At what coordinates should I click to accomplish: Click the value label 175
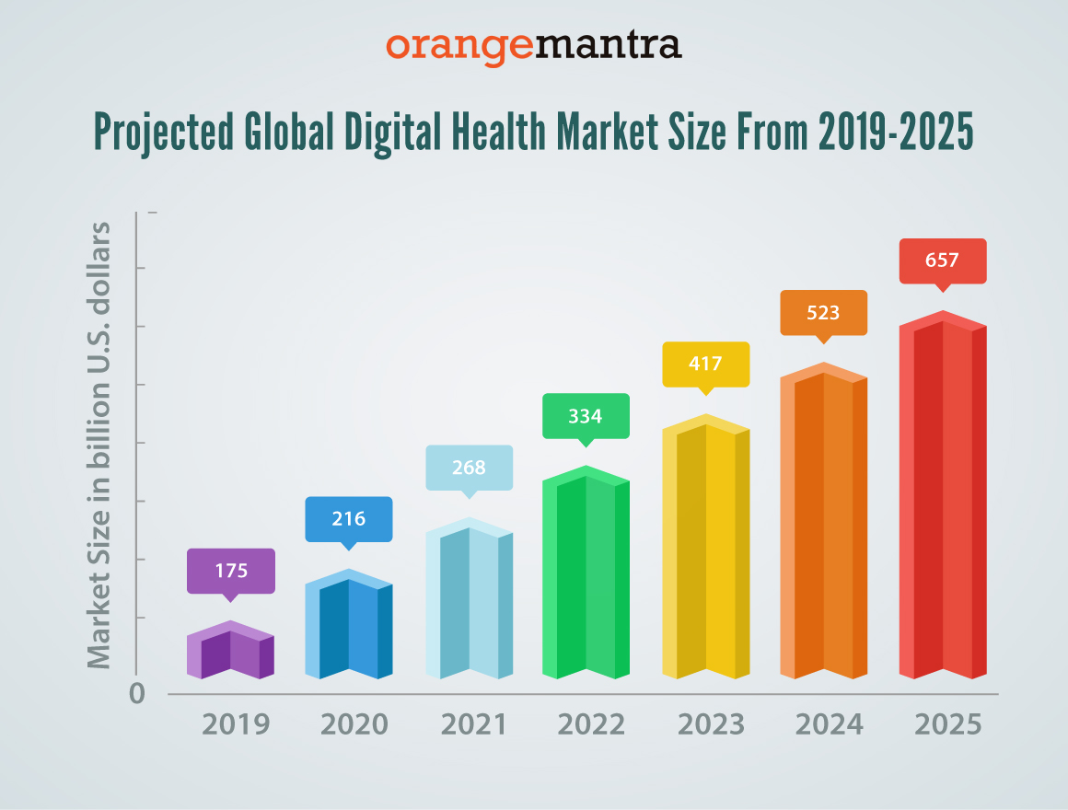click(231, 571)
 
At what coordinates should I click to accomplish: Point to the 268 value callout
click(469, 468)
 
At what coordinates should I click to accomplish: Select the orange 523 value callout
click(823, 313)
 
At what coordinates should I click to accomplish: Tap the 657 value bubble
click(942, 260)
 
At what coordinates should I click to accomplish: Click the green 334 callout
click(586, 416)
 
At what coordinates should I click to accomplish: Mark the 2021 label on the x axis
click(473, 724)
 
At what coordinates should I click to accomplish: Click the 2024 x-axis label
click(830, 724)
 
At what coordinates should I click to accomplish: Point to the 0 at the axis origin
click(137, 694)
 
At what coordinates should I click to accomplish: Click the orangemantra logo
click(534, 45)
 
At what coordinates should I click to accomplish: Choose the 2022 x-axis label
click(592, 724)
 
